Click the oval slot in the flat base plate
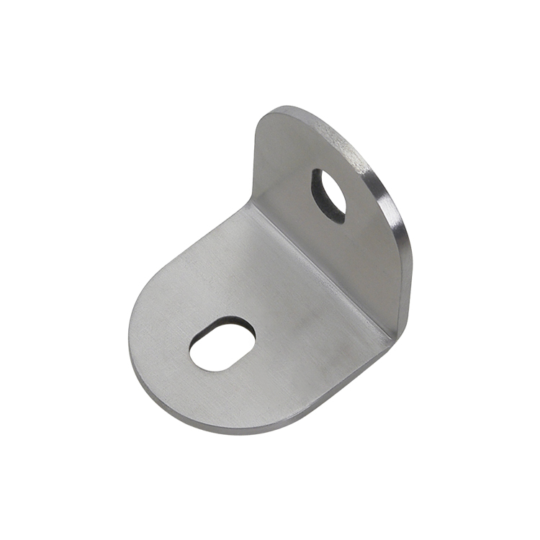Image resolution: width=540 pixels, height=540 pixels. coord(222,344)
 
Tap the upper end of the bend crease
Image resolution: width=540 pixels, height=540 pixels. coord(250,206)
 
